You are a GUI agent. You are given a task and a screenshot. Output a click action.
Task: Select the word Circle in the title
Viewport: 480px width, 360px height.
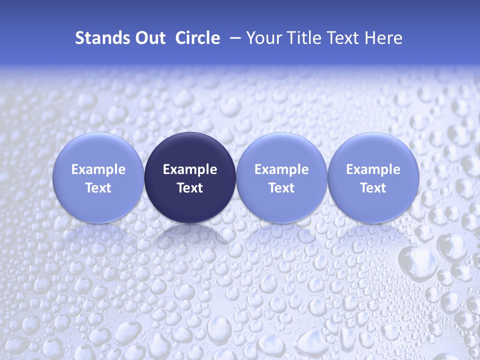[x=197, y=38]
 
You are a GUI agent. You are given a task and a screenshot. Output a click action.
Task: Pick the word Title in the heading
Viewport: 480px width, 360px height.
[x=299, y=38]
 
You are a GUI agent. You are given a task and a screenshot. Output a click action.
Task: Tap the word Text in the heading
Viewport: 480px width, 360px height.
[x=340, y=38]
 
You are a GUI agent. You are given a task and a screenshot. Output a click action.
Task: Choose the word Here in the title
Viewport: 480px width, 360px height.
[x=383, y=38]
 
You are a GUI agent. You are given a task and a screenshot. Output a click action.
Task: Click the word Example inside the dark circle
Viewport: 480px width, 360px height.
[x=190, y=169]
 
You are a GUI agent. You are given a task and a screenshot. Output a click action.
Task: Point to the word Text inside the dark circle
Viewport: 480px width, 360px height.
[x=190, y=188]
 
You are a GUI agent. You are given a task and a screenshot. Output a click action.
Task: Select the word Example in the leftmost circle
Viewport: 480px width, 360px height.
[x=98, y=169]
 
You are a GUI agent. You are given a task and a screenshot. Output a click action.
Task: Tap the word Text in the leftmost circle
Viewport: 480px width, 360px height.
[x=98, y=188]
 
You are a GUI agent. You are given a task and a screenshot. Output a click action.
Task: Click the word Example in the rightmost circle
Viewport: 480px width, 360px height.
[x=373, y=169]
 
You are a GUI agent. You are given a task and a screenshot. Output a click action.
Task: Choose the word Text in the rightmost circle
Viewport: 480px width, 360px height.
[x=373, y=188]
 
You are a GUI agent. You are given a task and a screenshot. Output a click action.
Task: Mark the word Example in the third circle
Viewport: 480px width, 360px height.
[x=281, y=169]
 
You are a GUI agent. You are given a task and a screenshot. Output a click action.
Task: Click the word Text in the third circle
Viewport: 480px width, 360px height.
[x=281, y=188]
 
